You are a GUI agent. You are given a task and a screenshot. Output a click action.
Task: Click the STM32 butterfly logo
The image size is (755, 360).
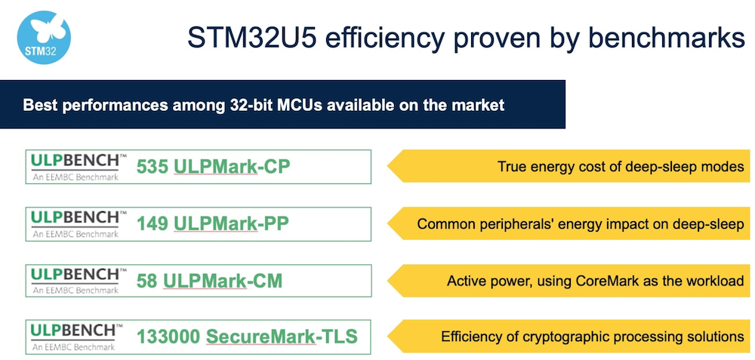(x=44, y=38)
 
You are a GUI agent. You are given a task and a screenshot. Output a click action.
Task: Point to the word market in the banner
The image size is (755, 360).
(x=477, y=106)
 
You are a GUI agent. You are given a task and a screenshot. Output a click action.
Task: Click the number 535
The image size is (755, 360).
(x=153, y=167)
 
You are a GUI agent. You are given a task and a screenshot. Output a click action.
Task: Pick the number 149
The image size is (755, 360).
(x=153, y=224)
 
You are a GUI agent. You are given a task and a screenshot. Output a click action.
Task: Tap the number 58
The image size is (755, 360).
(x=147, y=281)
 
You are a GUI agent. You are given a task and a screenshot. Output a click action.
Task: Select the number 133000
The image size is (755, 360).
(x=169, y=337)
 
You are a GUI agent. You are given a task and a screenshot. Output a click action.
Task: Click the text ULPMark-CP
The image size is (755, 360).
(x=232, y=167)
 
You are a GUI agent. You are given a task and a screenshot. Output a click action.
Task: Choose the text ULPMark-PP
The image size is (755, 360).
(x=232, y=224)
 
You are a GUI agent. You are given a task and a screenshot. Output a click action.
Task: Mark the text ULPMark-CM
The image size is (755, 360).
(x=223, y=281)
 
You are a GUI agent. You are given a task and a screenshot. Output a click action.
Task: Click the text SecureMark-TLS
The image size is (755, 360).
(x=282, y=337)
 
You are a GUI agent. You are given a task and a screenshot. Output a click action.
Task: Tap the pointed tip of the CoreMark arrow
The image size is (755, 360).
(x=387, y=281)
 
